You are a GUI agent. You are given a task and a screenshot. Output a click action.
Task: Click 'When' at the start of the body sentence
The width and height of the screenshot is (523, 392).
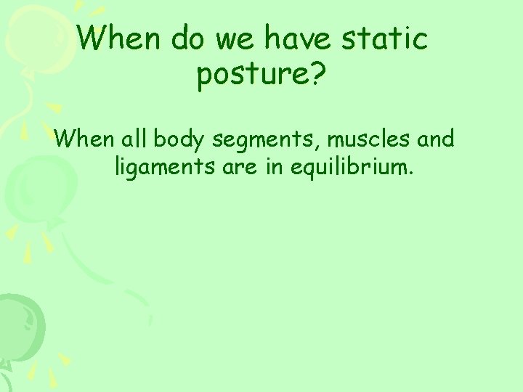tap(84, 138)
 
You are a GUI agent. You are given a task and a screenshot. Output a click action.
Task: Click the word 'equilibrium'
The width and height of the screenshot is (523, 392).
tap(349, 168)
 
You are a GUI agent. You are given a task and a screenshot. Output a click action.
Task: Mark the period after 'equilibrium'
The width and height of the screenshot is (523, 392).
tap(411, 175)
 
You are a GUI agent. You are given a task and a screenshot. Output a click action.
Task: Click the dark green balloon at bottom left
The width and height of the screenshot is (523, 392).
tap(18, 323)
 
